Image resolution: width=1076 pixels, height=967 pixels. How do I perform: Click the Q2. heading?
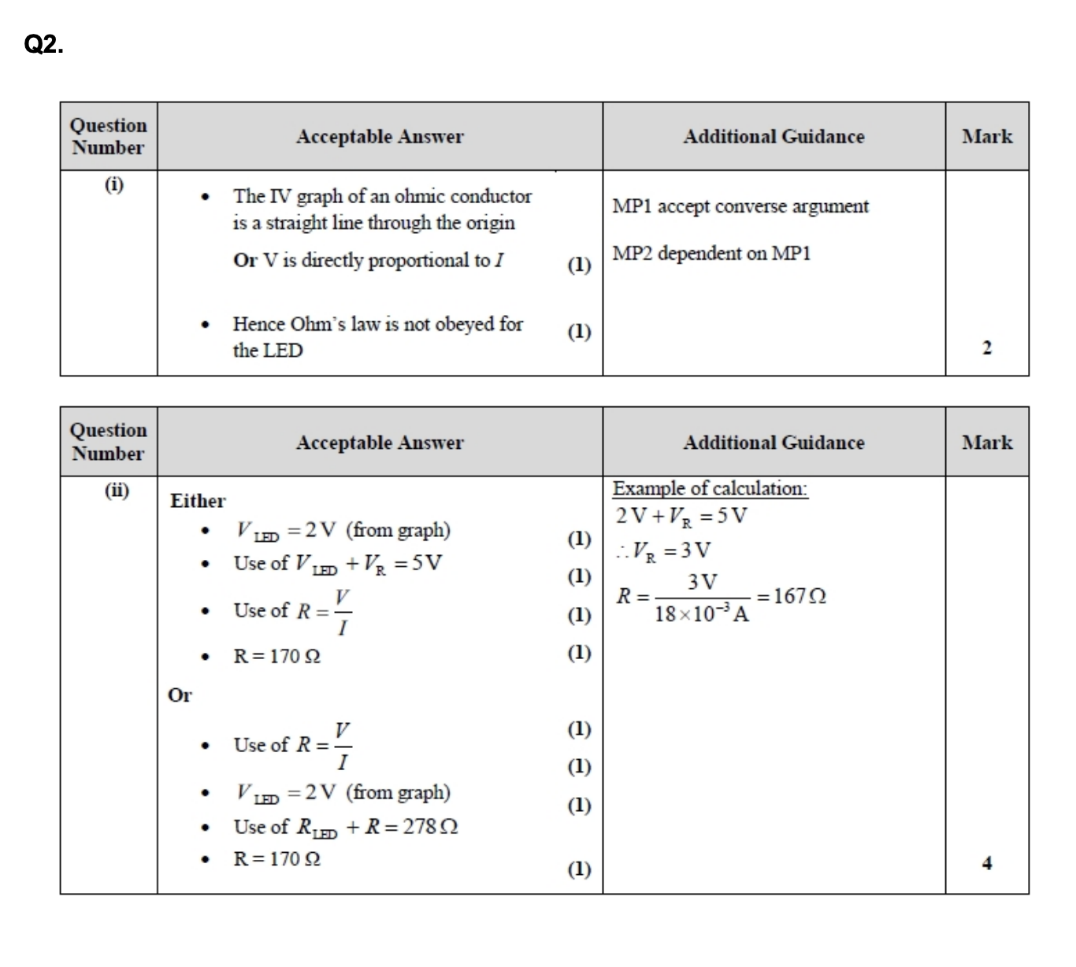[44, 46]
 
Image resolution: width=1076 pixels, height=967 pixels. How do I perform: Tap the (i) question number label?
[114, 184]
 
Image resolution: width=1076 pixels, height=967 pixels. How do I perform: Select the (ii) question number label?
[117, 491]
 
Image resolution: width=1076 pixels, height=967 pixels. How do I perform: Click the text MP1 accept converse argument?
[740, 206]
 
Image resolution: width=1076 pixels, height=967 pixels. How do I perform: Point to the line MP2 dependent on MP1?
[711, 254]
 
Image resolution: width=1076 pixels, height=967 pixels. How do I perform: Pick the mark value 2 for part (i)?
[987, 348]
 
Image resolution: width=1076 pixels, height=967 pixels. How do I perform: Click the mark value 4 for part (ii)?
[987, 863]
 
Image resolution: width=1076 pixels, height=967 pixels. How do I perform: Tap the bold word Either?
[198, 501]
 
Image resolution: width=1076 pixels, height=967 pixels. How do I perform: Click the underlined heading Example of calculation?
[710, 488]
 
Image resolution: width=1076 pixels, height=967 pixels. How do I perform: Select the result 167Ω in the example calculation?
[800, 596]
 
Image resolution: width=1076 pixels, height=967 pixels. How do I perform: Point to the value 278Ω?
[430, 827]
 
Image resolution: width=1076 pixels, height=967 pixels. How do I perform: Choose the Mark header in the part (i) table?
[987, 136]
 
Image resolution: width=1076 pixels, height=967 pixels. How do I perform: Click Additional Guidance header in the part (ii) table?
[774, 443]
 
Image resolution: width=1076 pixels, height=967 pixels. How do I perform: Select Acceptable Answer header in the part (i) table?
[380, 136]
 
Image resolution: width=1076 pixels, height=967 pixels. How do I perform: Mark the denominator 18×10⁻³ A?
[701, 613]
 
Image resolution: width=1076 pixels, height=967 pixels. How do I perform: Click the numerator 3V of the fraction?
[702, 582]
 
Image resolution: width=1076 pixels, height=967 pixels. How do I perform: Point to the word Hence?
[258, 324]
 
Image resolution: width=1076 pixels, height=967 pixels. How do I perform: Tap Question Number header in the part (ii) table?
[109, 442]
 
